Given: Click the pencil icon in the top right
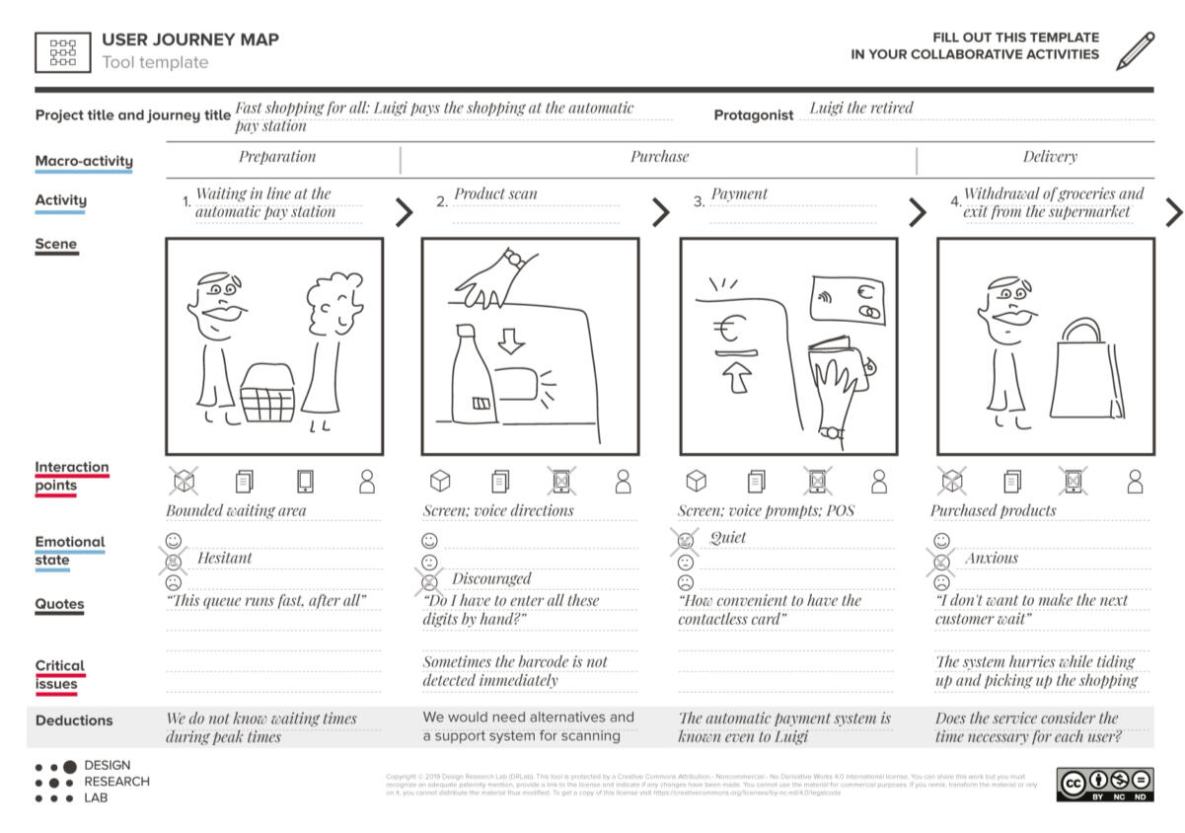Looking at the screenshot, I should (1135, 51).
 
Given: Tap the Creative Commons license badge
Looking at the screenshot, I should (1104, 784).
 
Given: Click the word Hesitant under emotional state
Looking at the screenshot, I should (224, 558).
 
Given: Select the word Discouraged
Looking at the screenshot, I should (491, 578).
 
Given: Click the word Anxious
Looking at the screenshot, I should (991, 558).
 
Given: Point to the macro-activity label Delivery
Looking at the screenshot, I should (1050, 156).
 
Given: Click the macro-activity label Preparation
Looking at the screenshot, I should (277, 156).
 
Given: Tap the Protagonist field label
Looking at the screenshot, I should (753, 114).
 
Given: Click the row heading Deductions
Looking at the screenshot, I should (74, 720).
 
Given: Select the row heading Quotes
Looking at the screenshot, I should (59, 604).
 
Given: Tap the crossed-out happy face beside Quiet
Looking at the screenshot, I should (686, 540).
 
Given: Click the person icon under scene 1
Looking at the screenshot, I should (367, 482).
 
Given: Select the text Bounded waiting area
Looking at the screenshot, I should (236, 510).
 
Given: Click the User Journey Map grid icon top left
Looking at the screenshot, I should (63, 51).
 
